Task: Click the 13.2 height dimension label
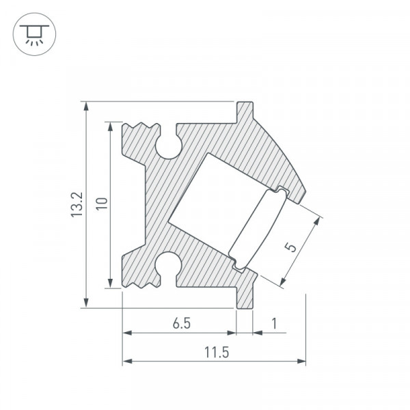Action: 77,205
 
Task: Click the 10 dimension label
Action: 102,204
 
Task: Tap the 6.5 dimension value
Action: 182,323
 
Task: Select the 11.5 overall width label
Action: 217,352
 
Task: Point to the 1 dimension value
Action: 274,323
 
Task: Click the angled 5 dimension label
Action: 291,247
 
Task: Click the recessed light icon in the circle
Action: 34,34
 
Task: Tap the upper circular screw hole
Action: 169,146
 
